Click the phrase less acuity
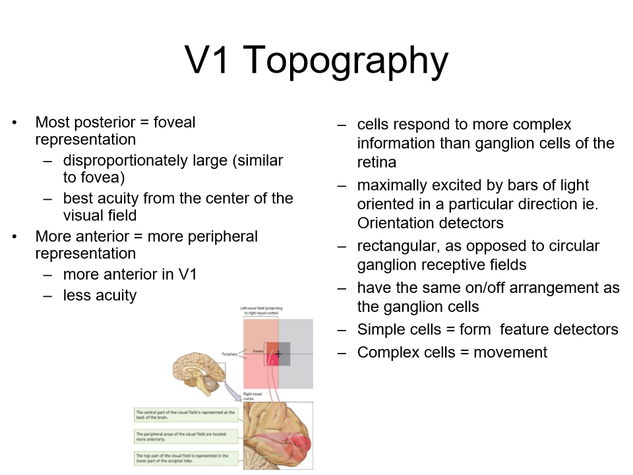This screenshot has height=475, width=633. coord(100,295)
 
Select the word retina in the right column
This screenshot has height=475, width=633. coord(377,162)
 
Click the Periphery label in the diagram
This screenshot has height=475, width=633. coord(230,354)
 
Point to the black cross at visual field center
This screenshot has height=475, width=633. coord(278,354)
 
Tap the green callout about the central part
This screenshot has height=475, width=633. coord(185,414)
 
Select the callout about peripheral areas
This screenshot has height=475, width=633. coord(185,436)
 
